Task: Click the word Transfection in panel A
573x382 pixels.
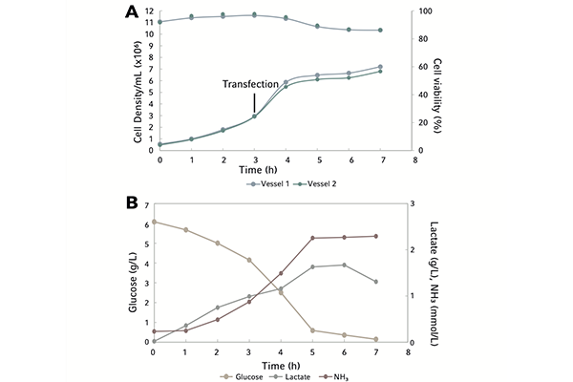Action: click(x=250, y=84)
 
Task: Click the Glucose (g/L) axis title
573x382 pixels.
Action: click(x=134, y=277)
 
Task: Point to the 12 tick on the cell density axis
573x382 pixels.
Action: click(x=150, y=12)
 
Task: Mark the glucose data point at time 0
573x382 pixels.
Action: click(x=154, y=222)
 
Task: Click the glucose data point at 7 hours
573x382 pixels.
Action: click(x=377, y=339)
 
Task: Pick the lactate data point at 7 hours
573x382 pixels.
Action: click(x=377, y=282)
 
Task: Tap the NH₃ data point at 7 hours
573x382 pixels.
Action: click(x=377, y=236)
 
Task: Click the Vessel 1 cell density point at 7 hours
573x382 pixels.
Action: click(x=380, y=67)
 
